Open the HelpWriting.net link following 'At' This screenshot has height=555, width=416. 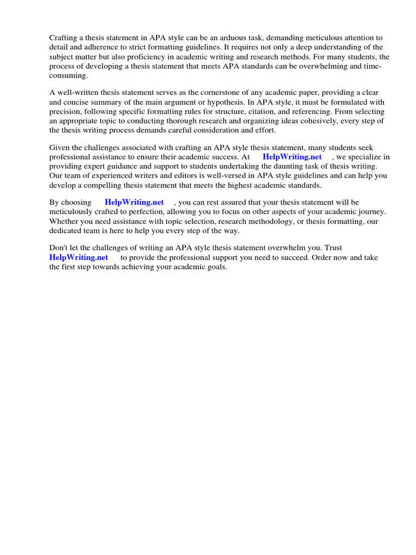tap(292, 157)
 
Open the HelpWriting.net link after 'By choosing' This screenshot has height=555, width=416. tap(134, 202)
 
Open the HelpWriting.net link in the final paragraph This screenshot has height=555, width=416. tap(79, 257)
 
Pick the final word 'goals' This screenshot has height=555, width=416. tap(214, 267)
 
